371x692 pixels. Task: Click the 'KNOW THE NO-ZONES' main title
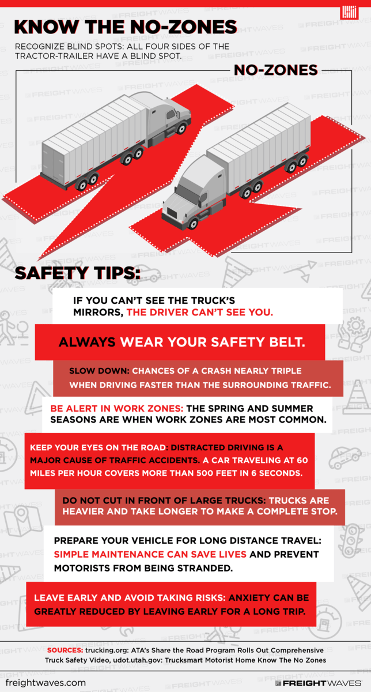126,27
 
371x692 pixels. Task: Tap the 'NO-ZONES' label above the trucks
275,70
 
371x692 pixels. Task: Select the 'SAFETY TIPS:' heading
77,273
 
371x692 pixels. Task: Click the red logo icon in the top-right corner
349,12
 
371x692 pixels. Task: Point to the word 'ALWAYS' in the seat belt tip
87,343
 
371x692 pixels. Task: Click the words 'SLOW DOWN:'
99,371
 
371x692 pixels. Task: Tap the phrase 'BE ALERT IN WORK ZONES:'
117,408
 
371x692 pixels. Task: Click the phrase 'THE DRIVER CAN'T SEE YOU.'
200,313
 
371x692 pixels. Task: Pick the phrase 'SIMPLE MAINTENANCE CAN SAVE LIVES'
150,554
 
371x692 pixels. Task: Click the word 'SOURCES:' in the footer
65,650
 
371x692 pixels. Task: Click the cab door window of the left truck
171,115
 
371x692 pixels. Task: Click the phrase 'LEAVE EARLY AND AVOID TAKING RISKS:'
130,598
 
